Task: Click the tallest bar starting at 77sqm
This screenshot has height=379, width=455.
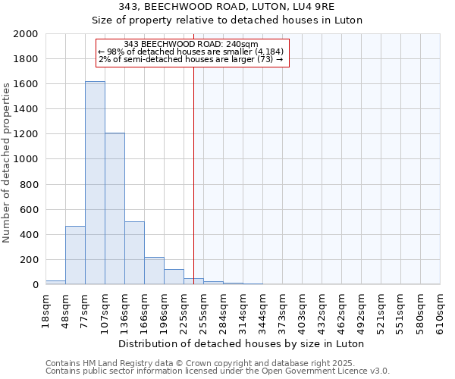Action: click(x=95, y=183)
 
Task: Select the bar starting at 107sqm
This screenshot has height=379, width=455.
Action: click(x=115, y=208)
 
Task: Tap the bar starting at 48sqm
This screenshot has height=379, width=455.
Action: click(x=75, y=255)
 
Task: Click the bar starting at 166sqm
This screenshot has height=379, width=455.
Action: click(x=154, y=271)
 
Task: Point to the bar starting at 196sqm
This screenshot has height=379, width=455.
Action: click(x=174, y=277)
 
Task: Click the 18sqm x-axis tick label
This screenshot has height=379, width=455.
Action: click(x=45, y=309)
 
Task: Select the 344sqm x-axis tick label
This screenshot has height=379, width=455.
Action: click(x=262, y=309)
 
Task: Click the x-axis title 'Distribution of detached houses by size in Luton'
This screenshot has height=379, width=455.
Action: click(x=243, y=343)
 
